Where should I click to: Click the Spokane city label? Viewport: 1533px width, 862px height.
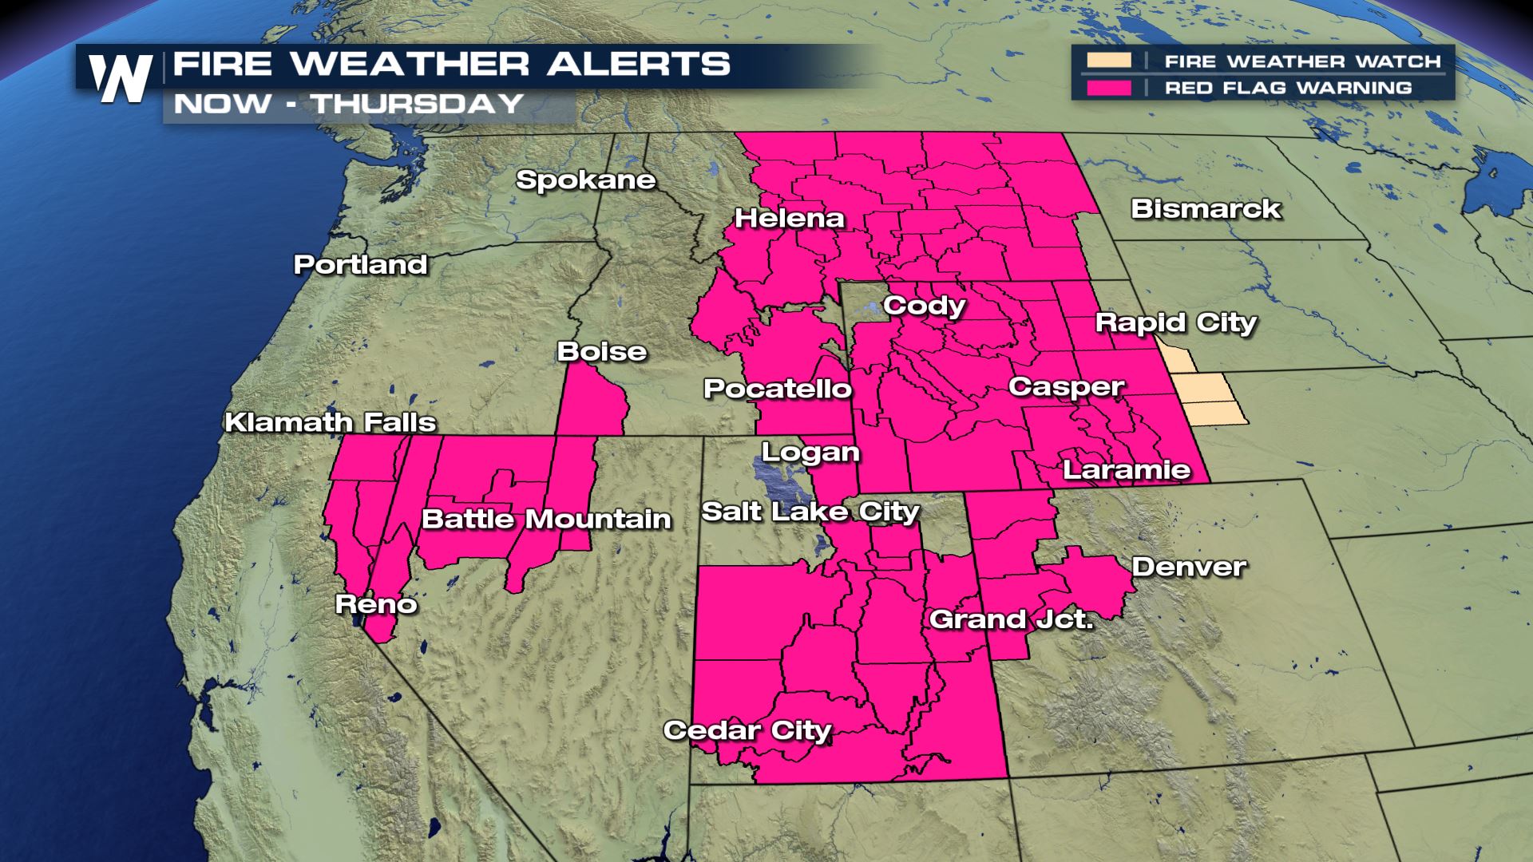pos(585,180)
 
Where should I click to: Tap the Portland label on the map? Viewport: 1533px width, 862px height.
pos(361,265)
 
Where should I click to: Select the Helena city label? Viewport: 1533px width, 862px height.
pos(790,219)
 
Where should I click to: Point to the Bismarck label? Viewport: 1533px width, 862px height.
pos(1206,209)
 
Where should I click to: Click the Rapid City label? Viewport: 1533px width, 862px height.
pos(1176,323)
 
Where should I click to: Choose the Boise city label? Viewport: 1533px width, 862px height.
pos(602,352)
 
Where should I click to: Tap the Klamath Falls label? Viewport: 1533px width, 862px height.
pos(330,422)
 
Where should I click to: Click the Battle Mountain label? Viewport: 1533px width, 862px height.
pos(546,520)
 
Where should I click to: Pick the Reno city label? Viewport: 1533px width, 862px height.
pos(376,604)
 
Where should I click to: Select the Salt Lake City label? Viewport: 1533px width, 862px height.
pos(810,512)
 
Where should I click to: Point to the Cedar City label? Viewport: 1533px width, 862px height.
pos(747,731)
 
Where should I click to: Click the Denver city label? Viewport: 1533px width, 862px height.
pos(1189,567)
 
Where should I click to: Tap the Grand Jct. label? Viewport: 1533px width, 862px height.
pos(1011,619)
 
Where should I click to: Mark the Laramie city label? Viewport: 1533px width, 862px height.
pos(1127,469)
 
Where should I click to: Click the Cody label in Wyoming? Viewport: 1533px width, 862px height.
pos(925,306)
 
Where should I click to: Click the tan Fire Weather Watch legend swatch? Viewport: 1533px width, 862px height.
pos(1108,61)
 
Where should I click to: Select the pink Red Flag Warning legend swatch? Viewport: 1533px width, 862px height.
pos(1108,87)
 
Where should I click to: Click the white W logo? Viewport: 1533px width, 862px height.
pos(121,78)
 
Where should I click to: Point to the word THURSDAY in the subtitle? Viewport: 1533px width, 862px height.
pos(417,104)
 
